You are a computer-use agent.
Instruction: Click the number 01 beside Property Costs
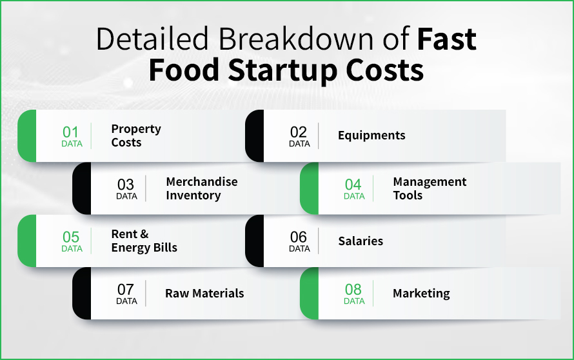coord(71,132)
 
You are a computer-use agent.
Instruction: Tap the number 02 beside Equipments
coord(299,132)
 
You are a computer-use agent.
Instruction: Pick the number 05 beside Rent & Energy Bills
coord(71,237)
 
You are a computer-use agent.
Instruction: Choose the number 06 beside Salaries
coord(299,237)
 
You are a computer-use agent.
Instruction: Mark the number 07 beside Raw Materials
coord(126,289)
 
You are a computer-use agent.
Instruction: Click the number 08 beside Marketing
coord(353,289)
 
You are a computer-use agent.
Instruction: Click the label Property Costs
coord(135,135)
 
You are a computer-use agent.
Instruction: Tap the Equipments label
coord(371,135)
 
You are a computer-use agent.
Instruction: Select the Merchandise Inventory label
coord(201,188)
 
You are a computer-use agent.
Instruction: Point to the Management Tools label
coord(429,188)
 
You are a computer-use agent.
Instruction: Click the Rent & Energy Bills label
coord(144,241)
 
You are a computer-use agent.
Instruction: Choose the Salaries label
coord(361,241)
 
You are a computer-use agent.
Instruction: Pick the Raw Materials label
coord(204,294)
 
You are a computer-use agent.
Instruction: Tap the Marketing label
coord(421,294)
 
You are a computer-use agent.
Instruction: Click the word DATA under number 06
coord(299,249)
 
